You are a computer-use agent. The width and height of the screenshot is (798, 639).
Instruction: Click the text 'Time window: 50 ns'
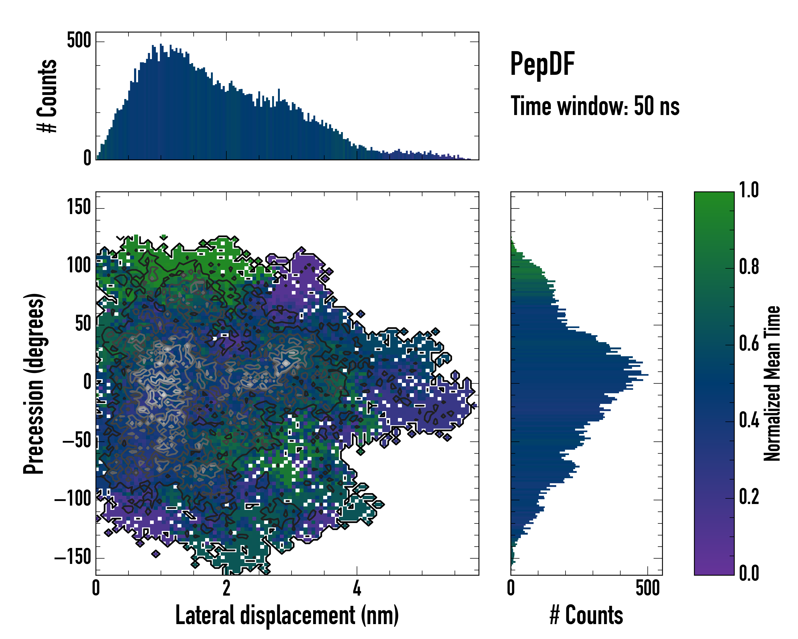click(595, 106)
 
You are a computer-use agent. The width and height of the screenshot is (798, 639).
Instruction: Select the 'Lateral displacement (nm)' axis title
click(287, 615)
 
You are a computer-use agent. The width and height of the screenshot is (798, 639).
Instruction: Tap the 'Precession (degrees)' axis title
click(34, 383)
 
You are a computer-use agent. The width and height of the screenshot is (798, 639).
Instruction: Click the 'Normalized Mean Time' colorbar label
click(772, 383)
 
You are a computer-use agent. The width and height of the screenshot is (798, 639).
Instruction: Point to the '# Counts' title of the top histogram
click(47, 96)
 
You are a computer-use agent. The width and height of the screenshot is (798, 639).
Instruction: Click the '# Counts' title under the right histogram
click(586, 615)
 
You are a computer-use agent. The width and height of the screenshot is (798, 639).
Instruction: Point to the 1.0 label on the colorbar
click(749, 190)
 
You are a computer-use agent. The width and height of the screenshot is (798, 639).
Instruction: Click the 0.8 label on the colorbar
click(749, 267)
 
